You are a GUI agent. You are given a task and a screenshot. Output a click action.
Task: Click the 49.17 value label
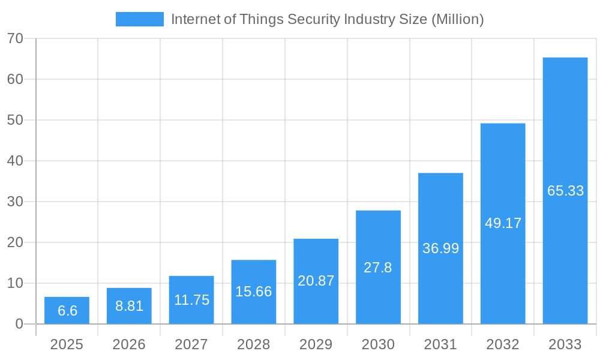[503, 223]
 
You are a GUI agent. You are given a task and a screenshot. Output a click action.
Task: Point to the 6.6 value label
[67, 311]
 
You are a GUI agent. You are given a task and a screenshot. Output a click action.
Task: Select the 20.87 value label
[316, 281]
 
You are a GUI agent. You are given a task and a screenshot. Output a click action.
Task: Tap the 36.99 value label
[440, 248]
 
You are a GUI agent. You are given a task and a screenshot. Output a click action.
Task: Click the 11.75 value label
[191, 300]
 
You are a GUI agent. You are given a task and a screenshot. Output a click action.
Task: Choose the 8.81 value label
[129, 306]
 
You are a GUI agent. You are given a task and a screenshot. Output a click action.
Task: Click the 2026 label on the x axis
[129, 344]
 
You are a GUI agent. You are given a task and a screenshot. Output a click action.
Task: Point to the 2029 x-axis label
[316, 344]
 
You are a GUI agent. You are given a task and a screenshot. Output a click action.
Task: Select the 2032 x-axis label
[503, 344]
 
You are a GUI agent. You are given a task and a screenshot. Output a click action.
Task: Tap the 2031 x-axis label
[440, 344]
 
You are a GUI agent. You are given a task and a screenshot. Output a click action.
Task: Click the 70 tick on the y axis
[15, 38]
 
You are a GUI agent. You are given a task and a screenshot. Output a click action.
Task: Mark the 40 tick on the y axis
[15, 161]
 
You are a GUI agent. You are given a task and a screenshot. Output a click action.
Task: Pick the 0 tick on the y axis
[19, 324]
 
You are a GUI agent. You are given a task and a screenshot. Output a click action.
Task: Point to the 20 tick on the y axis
[15, 242]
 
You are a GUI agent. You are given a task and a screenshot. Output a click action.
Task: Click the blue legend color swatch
[139, 19]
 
